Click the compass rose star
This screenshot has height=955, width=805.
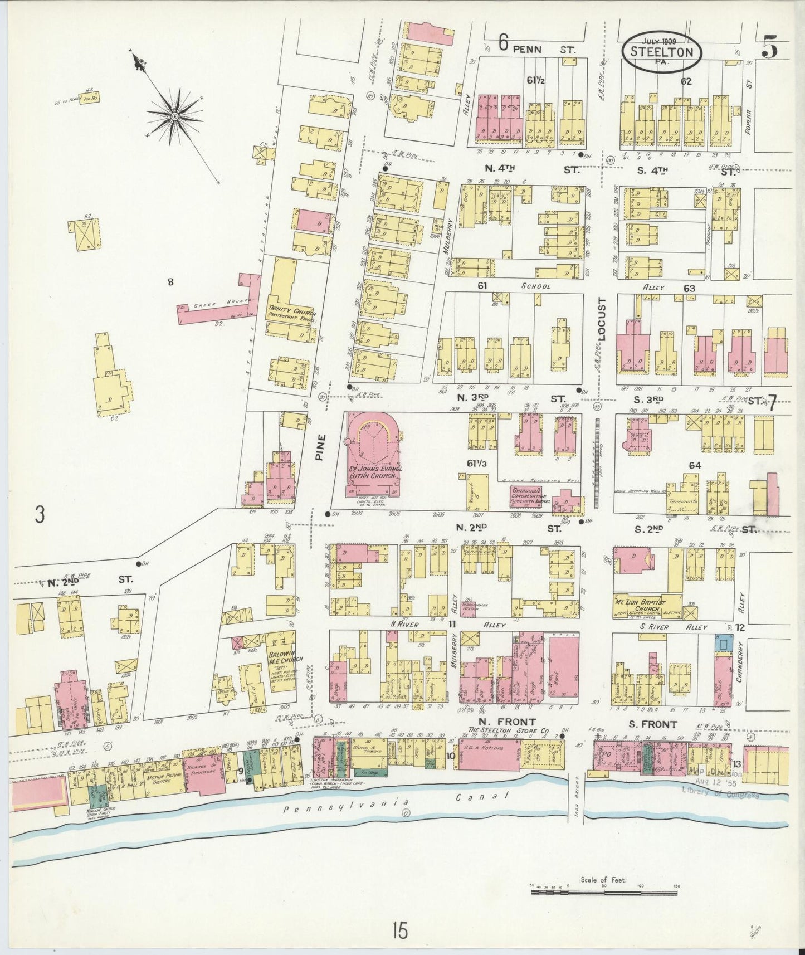point(174,116)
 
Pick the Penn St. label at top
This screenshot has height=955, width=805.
point(537,50)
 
